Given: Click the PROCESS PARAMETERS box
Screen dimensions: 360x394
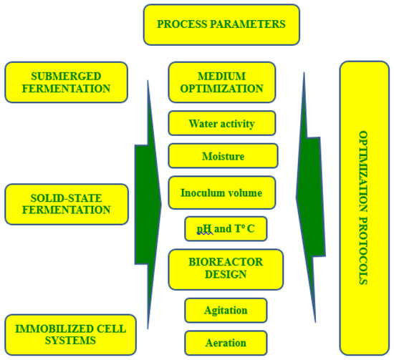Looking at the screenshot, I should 221,24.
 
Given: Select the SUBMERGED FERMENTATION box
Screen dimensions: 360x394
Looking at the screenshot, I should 66,82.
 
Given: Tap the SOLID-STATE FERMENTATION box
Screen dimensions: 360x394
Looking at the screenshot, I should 66,203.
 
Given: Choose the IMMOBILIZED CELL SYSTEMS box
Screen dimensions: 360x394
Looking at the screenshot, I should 66,334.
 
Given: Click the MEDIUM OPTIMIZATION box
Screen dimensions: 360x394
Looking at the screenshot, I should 221,82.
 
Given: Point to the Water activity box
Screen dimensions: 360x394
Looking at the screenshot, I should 221,123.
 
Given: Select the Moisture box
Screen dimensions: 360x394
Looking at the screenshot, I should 223,155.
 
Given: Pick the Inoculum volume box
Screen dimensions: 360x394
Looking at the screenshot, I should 221,193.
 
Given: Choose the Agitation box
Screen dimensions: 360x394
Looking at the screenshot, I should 226,311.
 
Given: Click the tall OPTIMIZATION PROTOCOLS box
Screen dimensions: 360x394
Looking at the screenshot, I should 363,208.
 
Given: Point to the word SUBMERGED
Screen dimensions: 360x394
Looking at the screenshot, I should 66,75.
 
